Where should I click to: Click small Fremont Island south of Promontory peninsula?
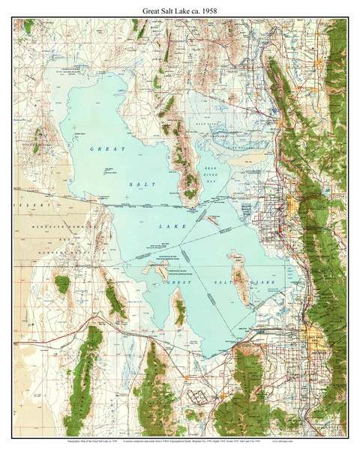[212, 220]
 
